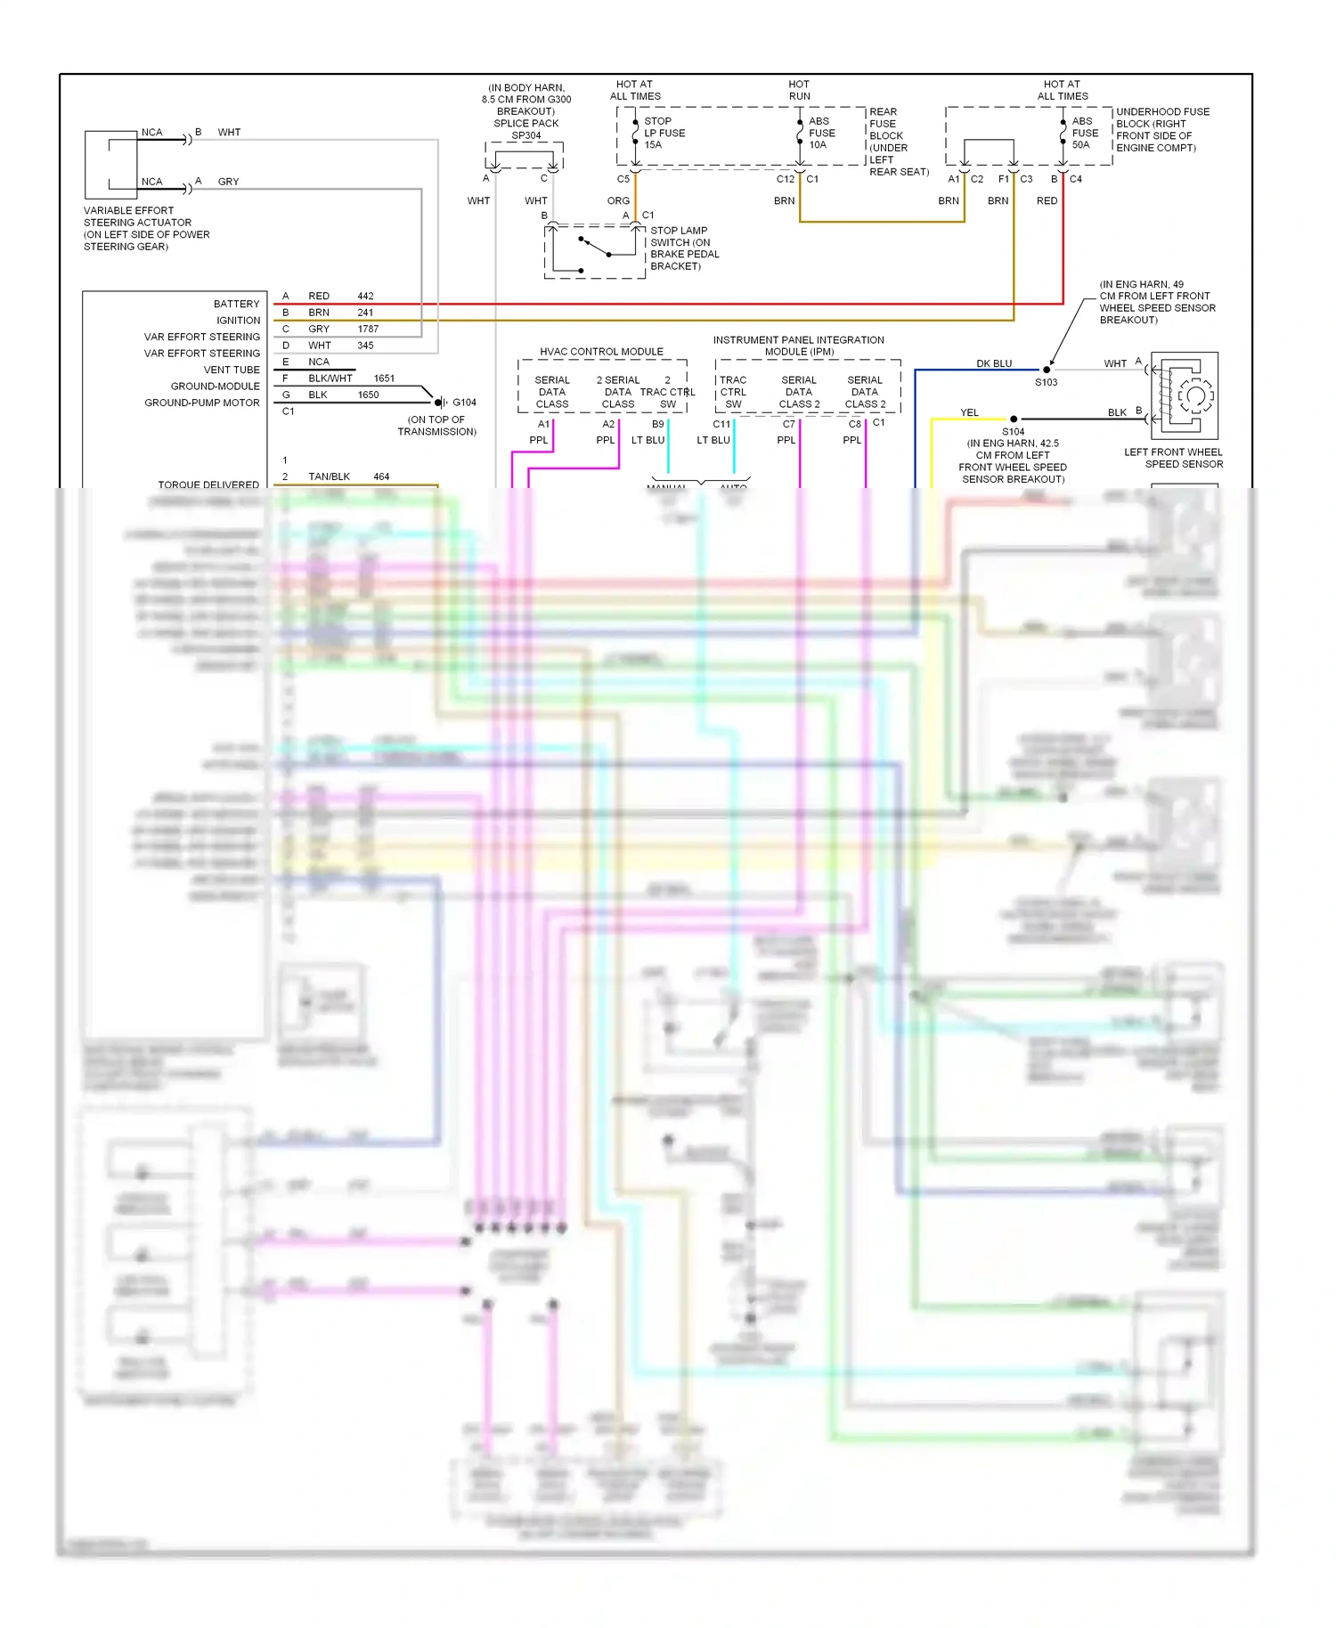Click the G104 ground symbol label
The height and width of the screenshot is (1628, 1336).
coord(464,403)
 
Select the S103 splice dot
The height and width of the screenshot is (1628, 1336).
coord(1047,370)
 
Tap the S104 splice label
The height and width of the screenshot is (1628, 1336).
coord(1013,431)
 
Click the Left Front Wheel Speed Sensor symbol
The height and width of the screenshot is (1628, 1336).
coord(1185,395)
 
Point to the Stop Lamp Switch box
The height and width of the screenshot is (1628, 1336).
coord(594,252)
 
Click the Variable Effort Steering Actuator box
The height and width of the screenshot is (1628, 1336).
coord(111,165)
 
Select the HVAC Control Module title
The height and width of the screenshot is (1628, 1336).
coord(601,352)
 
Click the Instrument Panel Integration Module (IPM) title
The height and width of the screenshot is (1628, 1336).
coord(798,346)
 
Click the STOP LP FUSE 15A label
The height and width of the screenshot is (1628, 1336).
coord(664,133)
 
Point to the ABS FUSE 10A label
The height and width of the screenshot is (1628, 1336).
coord(821,133)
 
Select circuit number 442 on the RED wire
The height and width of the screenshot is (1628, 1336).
coord(365,296)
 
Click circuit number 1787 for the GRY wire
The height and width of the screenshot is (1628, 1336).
coord(368,329)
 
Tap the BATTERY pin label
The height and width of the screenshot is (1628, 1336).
coord(236,304)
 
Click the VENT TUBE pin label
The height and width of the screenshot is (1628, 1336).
coord(232,370)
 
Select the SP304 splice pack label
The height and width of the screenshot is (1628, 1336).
coord(525,135)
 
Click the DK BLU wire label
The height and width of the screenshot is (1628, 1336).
coord(994,363)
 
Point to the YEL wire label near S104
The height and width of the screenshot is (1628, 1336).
coord(969,412)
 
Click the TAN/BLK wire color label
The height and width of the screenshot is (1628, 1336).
coord(329,476)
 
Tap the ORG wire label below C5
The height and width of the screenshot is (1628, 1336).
coord(618,200)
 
